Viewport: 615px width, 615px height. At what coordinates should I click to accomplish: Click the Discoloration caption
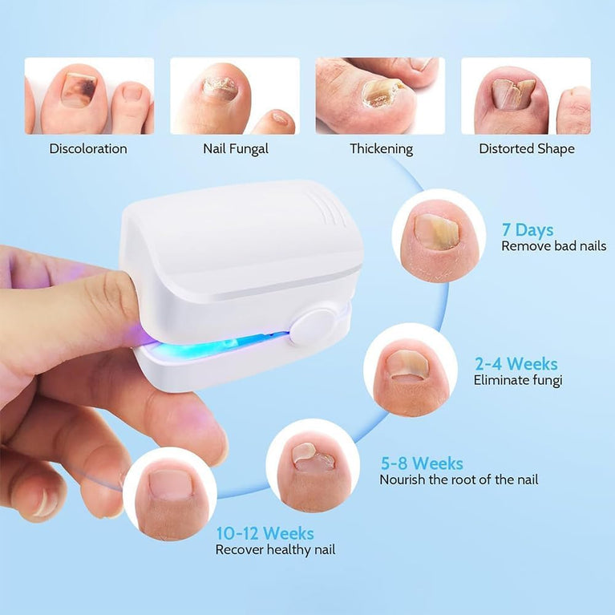pos(88,148)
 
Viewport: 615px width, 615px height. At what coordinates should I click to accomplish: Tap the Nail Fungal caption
pos(235,148)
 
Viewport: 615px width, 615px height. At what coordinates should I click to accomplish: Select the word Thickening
pos(381,149)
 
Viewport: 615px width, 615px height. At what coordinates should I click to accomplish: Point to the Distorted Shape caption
pos(527,148)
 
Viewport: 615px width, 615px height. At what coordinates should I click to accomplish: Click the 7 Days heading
pos(528,230)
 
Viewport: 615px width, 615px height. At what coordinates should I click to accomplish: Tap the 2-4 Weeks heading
pos(516,364)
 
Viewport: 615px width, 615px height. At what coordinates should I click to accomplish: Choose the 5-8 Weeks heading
pos(422,463)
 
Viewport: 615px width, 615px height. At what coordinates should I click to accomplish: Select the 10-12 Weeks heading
pos(265,533)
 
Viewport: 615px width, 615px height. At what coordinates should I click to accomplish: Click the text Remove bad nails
pos(554,246)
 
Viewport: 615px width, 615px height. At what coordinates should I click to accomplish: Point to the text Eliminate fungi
pos(518,380)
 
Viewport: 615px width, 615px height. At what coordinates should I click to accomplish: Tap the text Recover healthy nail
pos(275,549)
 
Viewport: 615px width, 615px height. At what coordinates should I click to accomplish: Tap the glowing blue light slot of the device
pos(220,343)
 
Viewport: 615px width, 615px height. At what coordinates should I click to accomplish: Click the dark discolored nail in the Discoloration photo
pos(79,91)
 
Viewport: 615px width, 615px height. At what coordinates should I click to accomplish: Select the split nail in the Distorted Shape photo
pos(513,93)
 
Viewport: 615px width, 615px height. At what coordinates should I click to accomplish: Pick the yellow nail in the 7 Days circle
pos(436,232)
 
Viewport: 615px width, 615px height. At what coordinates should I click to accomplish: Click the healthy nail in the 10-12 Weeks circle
pos(171,485)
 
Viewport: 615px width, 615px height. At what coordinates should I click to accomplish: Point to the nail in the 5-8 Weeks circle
pos(313,457)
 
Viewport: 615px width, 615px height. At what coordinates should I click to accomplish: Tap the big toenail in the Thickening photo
pos(382,93)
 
